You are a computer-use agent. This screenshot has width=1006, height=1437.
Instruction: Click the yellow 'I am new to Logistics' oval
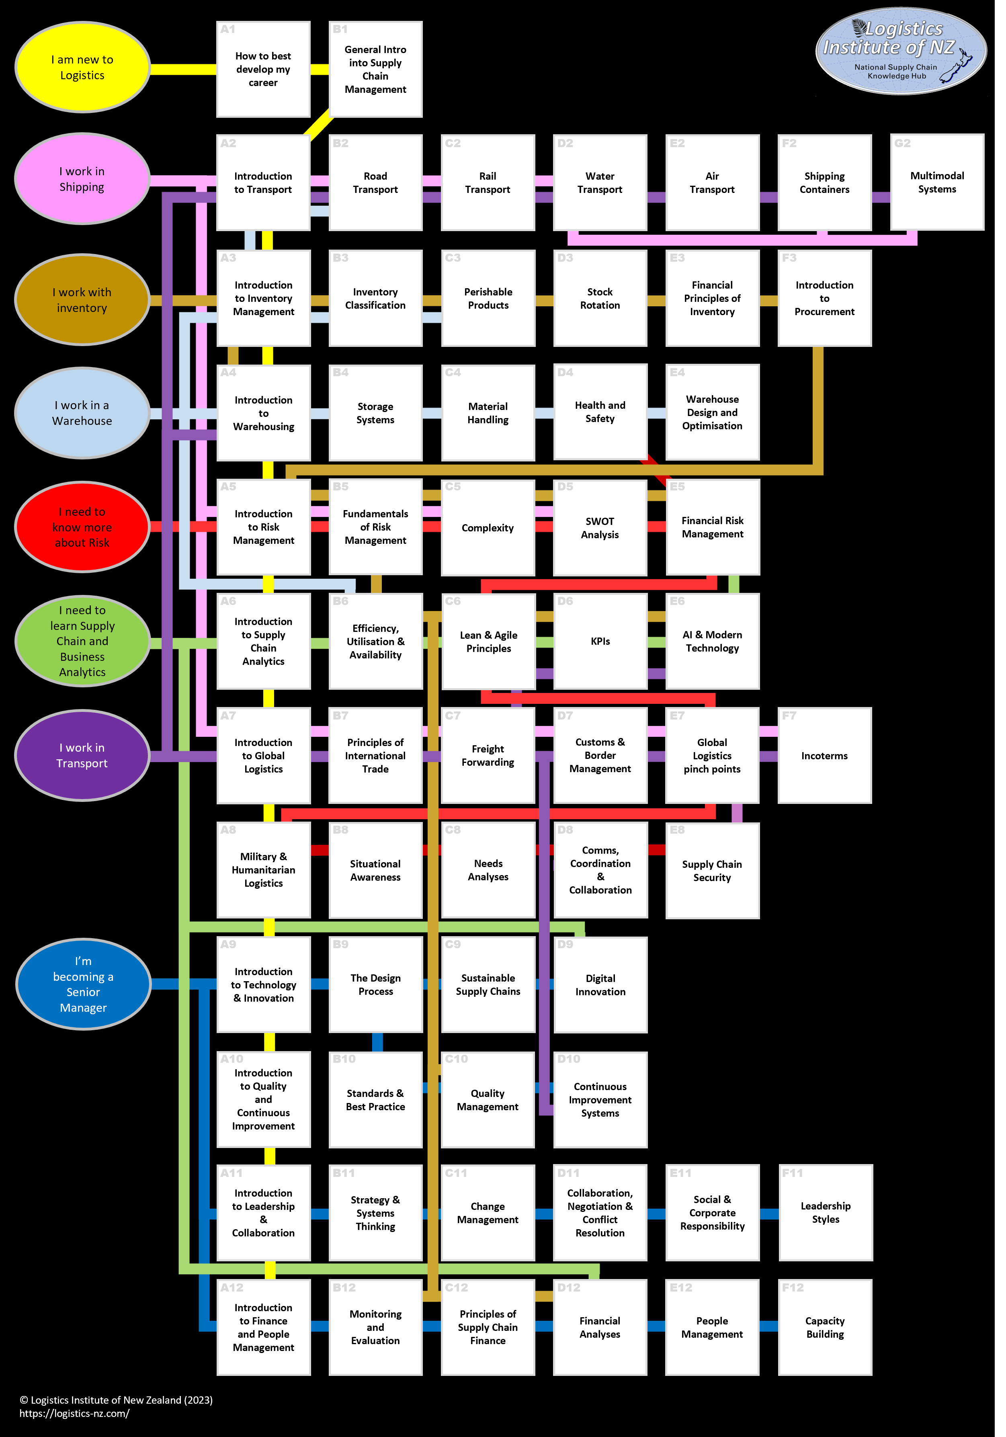click(x=82, y=68)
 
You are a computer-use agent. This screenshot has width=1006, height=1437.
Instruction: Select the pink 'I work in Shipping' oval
click(x=82, y=179)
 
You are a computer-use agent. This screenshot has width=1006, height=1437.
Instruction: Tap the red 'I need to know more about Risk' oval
click(x=82, y=527)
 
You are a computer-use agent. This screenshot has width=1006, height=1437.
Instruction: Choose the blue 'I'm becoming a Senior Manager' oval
click(x=83, y=984)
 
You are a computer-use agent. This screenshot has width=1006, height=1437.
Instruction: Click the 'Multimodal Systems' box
click(x=936, y=182)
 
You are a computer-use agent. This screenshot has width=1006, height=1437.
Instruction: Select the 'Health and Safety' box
click(x=600, y=412)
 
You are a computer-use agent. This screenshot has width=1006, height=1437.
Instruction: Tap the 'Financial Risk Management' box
click(x=713, y=527)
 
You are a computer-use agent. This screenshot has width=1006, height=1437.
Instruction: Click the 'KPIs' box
click(x=600, y=641)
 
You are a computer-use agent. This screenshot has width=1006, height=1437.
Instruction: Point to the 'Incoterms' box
click(x=825, y=755)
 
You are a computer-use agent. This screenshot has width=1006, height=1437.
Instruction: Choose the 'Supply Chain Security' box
click(x=712, y=871)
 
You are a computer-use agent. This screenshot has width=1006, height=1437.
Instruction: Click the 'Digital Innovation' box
click(x=600, y=984)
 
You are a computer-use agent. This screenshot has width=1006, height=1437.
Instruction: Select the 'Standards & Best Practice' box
click(x=375, y=1100)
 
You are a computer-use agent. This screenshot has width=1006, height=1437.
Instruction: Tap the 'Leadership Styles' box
click(x=825, y=1212)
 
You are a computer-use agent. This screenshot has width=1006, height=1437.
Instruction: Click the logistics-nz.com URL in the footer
click(x=74, y=1413)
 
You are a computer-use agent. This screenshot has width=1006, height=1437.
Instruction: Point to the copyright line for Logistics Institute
click(x=116, y=1400)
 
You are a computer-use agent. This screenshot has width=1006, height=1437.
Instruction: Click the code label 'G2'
click(x=902, y=143)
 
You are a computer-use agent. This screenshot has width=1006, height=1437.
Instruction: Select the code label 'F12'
click(x=793, y=1287)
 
